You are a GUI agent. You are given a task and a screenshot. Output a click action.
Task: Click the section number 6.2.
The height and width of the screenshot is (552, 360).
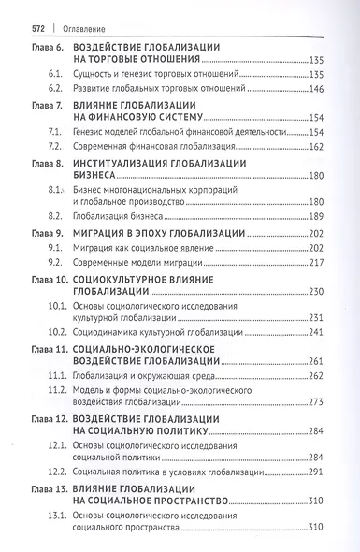55,90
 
